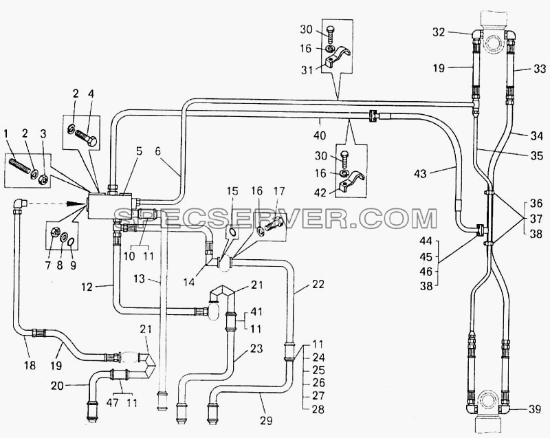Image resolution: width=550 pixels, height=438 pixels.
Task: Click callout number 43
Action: (421, 173)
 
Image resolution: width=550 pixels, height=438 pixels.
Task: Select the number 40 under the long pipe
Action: (320, 135)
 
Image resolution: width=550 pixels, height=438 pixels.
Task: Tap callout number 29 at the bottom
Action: (266, 420)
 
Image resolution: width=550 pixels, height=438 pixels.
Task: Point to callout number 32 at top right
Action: (439, 32)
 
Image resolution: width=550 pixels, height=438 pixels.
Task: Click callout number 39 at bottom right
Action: (534, 409)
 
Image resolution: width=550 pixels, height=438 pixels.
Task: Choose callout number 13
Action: (140, 278)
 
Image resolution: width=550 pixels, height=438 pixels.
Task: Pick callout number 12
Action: (87, 287)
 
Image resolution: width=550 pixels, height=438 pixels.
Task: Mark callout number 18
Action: (30, 365)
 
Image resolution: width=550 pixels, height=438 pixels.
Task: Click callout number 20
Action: (57, 386)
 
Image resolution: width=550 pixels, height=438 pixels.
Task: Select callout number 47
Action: (112, 403)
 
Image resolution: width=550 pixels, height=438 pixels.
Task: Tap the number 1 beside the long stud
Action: (5, 133)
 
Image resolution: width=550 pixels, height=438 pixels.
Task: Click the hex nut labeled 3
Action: (43, 179)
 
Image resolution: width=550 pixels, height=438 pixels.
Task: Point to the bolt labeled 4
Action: (85, 138)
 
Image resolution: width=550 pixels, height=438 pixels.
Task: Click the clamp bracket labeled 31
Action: (338, 56)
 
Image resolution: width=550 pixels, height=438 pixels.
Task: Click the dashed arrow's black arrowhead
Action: (80, 203)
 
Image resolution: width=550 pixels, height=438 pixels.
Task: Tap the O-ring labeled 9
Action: (71, 241)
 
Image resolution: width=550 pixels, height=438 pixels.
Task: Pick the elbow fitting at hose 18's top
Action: (20, 205)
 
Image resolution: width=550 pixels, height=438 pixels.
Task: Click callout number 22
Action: (318, 284)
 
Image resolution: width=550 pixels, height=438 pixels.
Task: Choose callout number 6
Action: (158, 151)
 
